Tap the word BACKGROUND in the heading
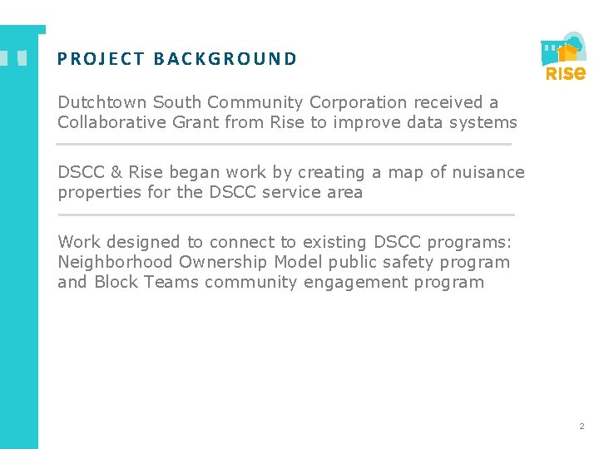(225, 59)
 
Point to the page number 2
(582, 427)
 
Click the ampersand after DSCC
(116, 172)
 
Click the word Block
(116, 282)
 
